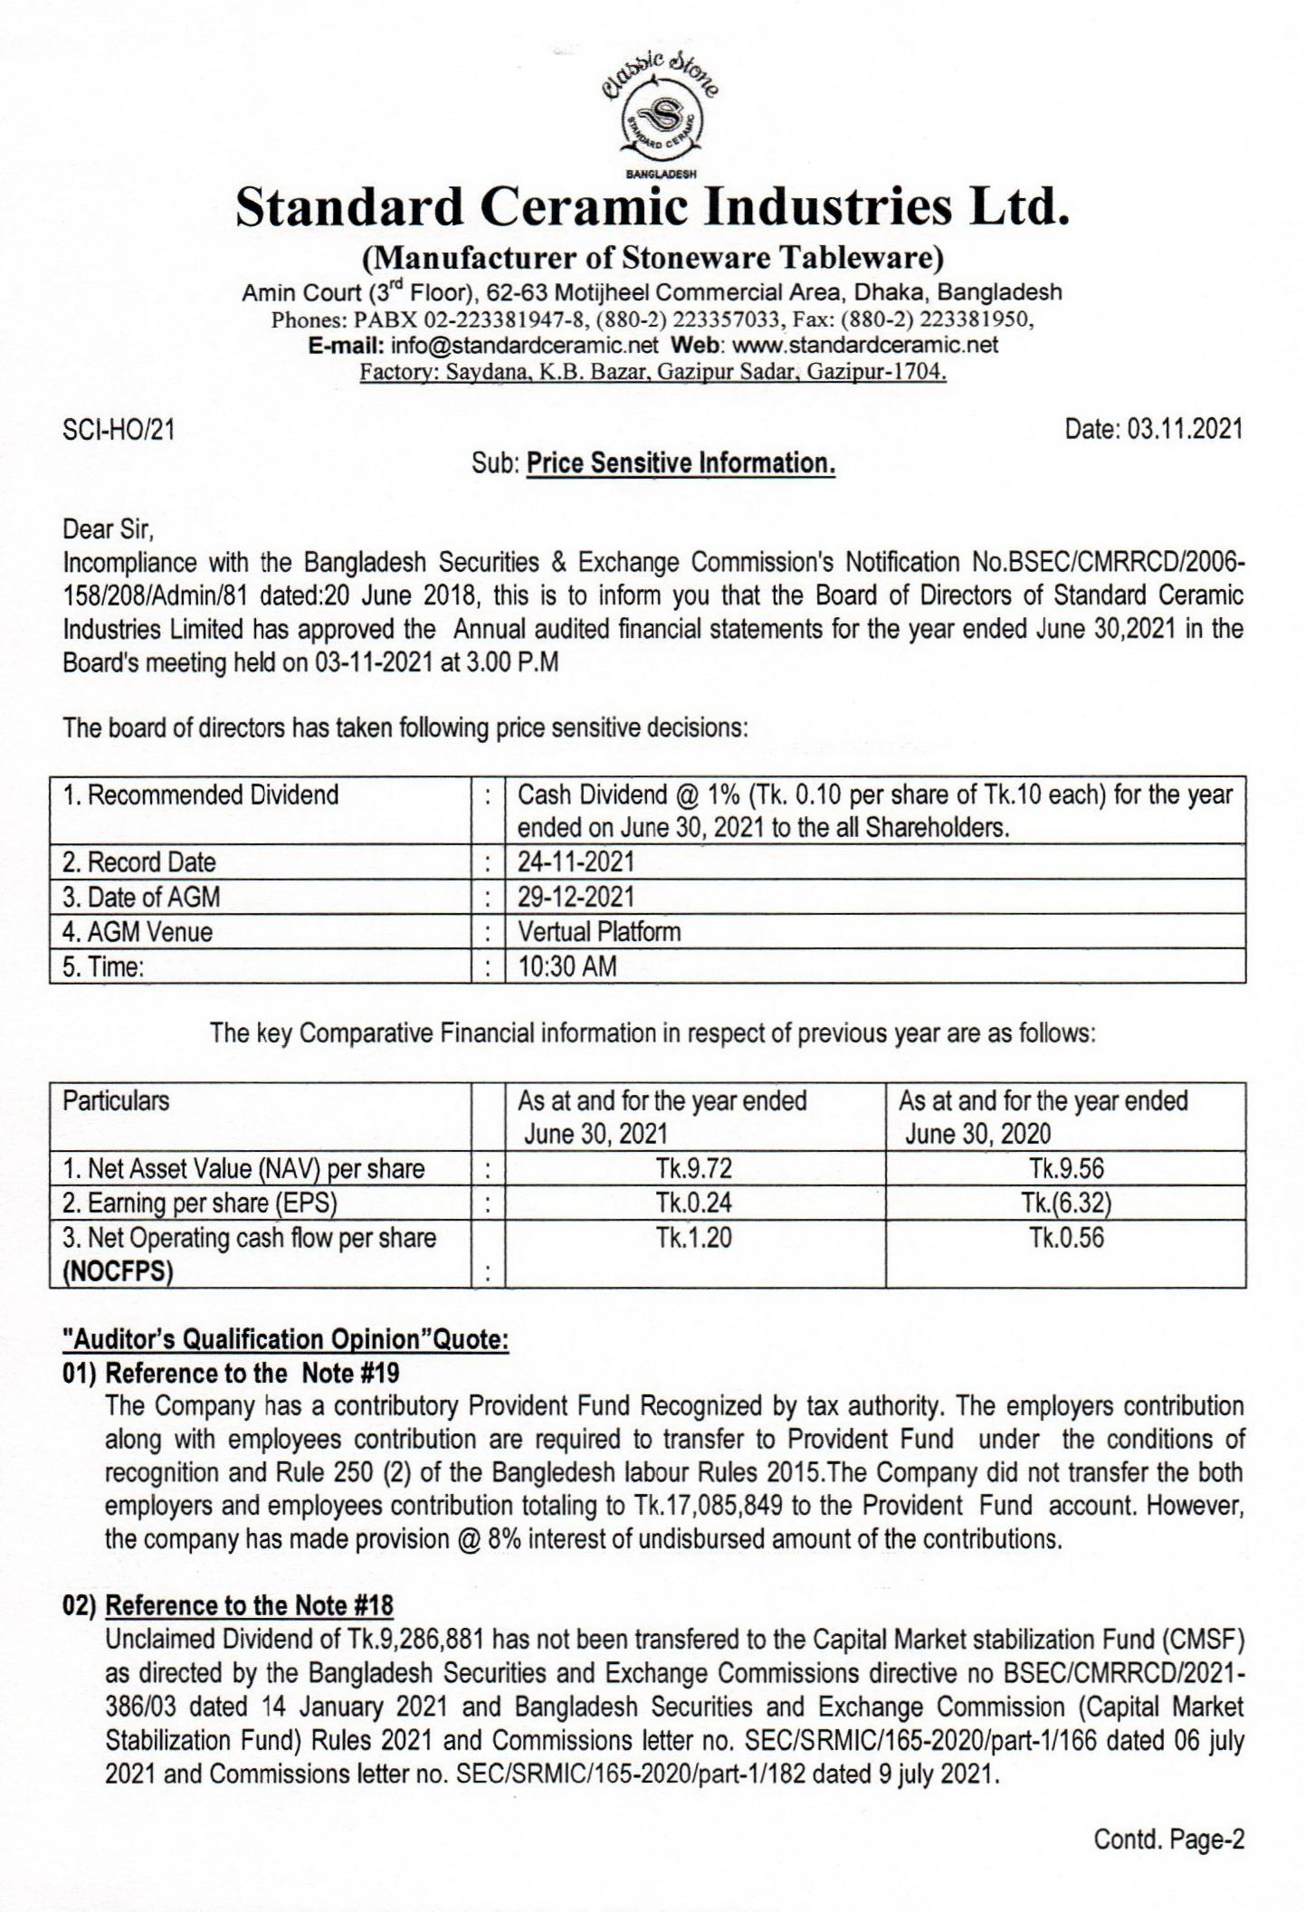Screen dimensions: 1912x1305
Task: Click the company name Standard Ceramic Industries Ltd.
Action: pos(652,207)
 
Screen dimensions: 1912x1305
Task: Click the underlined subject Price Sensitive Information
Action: pos(681,463)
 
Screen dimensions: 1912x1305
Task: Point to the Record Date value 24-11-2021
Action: pos(576,862)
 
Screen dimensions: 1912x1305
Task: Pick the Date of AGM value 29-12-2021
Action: pos(576,897)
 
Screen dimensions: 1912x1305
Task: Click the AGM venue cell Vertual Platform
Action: pos(599,931)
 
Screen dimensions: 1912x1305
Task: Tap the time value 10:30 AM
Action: pos(567,966)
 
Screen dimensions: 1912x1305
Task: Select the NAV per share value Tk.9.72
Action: pos(694,1168)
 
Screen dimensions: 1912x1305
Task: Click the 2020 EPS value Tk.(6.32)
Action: pos(1066,1203)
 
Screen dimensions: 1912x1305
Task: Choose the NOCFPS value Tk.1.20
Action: pos(694,1238)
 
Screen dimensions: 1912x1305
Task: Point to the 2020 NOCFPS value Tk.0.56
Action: pos(1066,1238)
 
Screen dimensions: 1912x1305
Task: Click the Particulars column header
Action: pos(116,1101)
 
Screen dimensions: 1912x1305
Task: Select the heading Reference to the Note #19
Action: pos(252,1373)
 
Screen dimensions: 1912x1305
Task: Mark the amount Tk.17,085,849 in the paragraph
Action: pos(711,1506)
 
